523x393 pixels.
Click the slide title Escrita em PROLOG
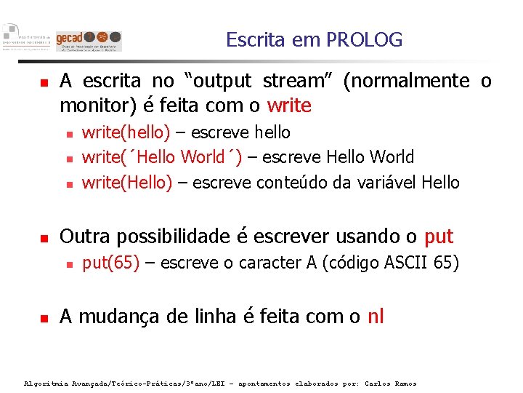[x=314, y=39]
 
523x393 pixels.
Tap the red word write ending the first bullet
[x=289, y=106]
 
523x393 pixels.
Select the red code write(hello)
[x=126, y=132]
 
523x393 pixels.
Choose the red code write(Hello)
[x=127, y=182]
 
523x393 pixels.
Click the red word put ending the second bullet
[x=438, y=237]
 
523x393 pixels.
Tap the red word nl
[x=376, y=317]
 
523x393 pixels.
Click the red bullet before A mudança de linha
[x=44, y=318]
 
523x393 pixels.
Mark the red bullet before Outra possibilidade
[x=44, y=238]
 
